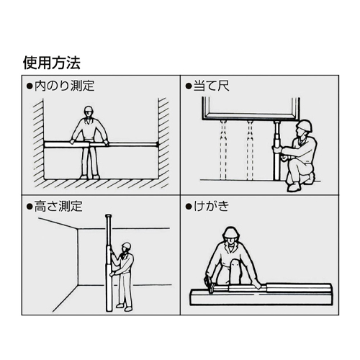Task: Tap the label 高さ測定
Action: [x=59, y=206]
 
